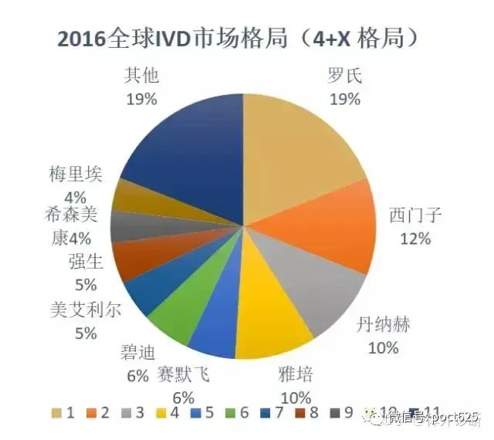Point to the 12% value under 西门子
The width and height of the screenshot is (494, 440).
415,239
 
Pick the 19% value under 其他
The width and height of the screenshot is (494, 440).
140,99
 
